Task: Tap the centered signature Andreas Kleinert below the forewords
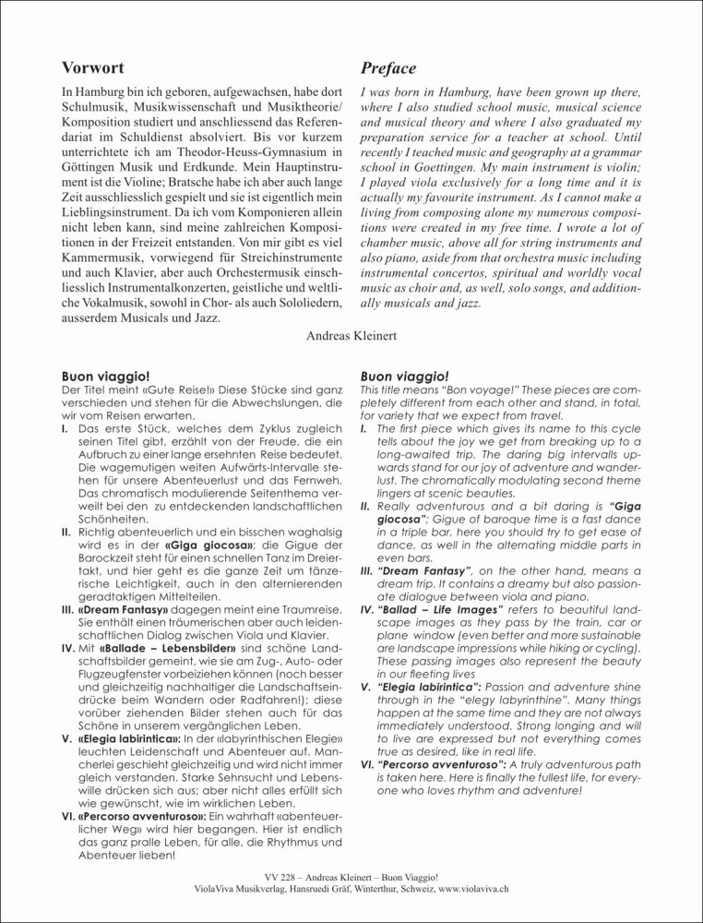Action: [351, 336]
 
